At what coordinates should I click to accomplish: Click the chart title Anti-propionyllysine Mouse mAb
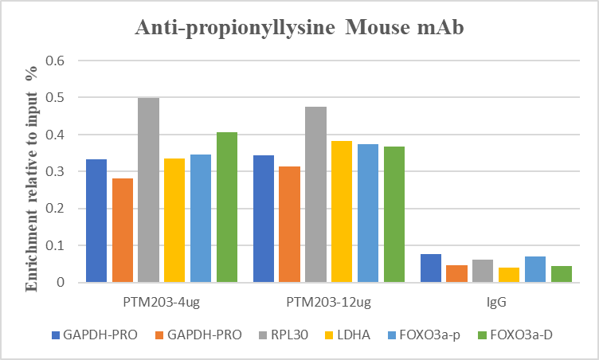coord(299,29)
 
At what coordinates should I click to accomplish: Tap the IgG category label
coord(497,303)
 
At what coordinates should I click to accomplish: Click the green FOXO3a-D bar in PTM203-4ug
coord(226,207)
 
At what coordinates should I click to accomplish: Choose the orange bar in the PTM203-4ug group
coord(123,230)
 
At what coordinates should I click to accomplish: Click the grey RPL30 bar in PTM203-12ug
coord(315,194)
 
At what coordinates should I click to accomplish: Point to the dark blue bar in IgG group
coord(431,268)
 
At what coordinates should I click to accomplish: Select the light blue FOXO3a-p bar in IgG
coord(535,269)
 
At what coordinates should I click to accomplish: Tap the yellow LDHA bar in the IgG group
coord(509,275)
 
